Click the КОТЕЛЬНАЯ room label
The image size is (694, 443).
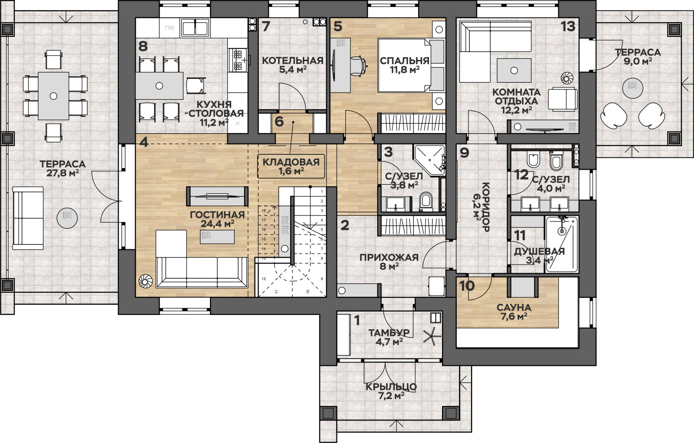point(293,61)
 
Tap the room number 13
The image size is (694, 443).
point(568,26)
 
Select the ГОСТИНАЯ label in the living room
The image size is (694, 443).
point(217,215)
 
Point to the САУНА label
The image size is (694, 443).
point(514,307)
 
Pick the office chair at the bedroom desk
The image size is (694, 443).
point(359,65)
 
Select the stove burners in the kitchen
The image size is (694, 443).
point(238,60)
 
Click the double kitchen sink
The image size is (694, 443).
point(195,28)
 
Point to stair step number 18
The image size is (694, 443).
point(264,211)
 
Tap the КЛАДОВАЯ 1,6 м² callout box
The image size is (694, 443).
point(291,166)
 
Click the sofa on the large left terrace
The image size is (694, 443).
point(28,218)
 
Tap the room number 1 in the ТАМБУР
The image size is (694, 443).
point(357,321)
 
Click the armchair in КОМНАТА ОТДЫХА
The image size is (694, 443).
point(563,99)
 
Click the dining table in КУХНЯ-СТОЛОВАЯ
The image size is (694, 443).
point(159,86)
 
